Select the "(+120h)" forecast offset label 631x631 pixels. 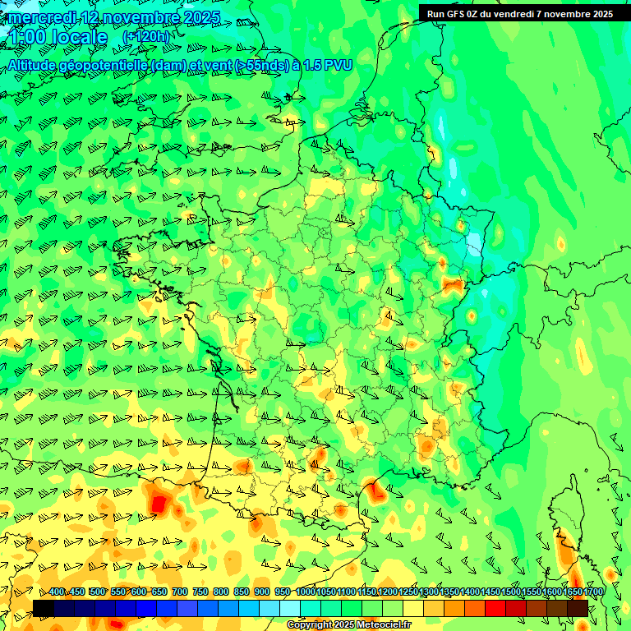(x=145, y=37)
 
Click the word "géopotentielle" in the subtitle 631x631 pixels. (x=106, y=64)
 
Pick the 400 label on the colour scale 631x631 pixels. (x=58, y=592)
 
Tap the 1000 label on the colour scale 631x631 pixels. (x=306, y=592)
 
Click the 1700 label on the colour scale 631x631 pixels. (x=593, y=592)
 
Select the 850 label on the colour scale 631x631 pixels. (x=242, y=592)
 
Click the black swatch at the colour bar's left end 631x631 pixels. (x=44, y=608)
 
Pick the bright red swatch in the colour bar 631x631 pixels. (x=495, y=608)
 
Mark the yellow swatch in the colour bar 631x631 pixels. (x=413, y=608)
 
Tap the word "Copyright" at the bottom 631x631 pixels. (x=310, y=625)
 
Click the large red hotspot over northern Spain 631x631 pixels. (x=158, y=500)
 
